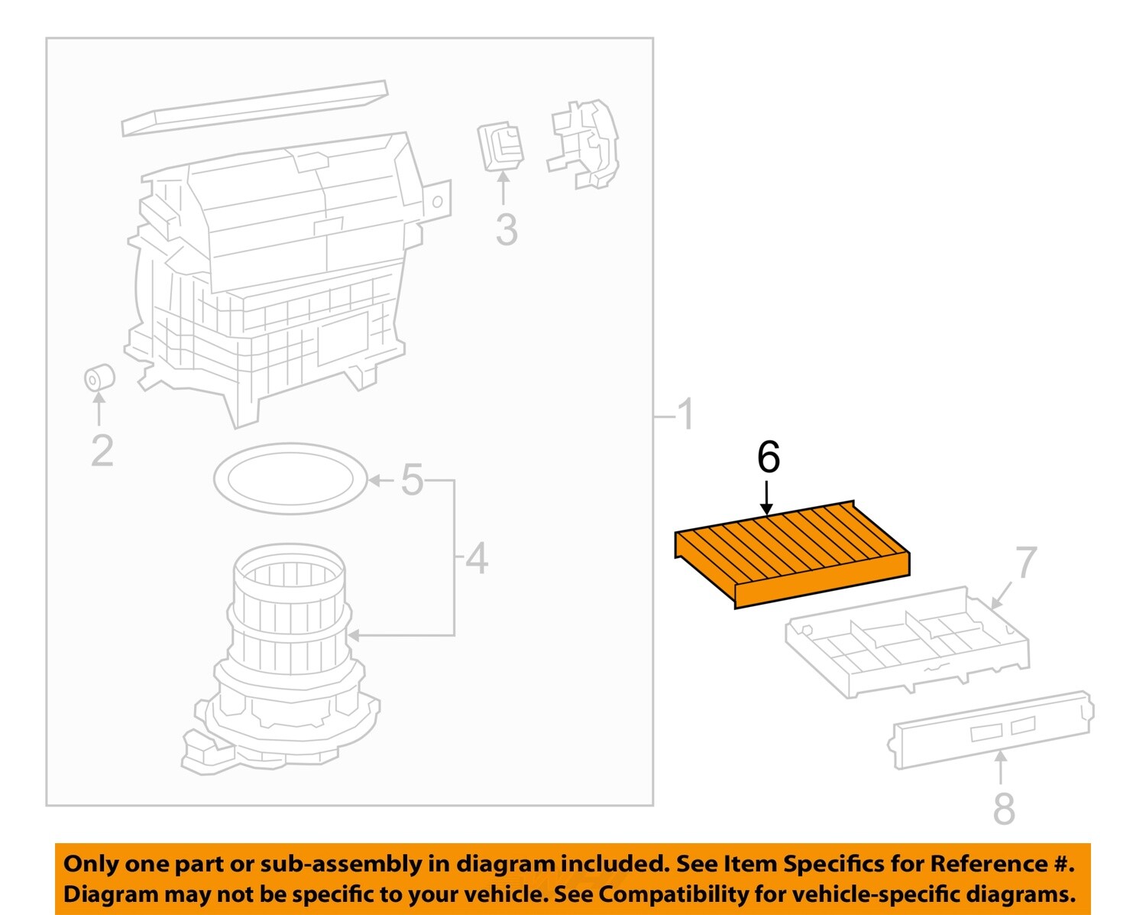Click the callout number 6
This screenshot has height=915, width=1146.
click(768, 457)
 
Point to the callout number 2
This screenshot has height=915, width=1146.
click(102, 451)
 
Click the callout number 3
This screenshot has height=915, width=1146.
click(506, 230)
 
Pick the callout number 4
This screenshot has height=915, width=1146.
click(477, 559)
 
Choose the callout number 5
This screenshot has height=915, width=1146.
click(412, 480)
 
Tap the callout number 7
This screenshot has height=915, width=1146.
click(1025, 563)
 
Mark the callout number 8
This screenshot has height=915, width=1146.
click(1003, 808)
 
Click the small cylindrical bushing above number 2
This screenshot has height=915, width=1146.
click(99, 378)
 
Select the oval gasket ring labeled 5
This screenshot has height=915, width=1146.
click(290, 479)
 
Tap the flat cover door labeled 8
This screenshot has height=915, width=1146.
click(992, 729)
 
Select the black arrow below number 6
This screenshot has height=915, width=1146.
click(767, 498)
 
